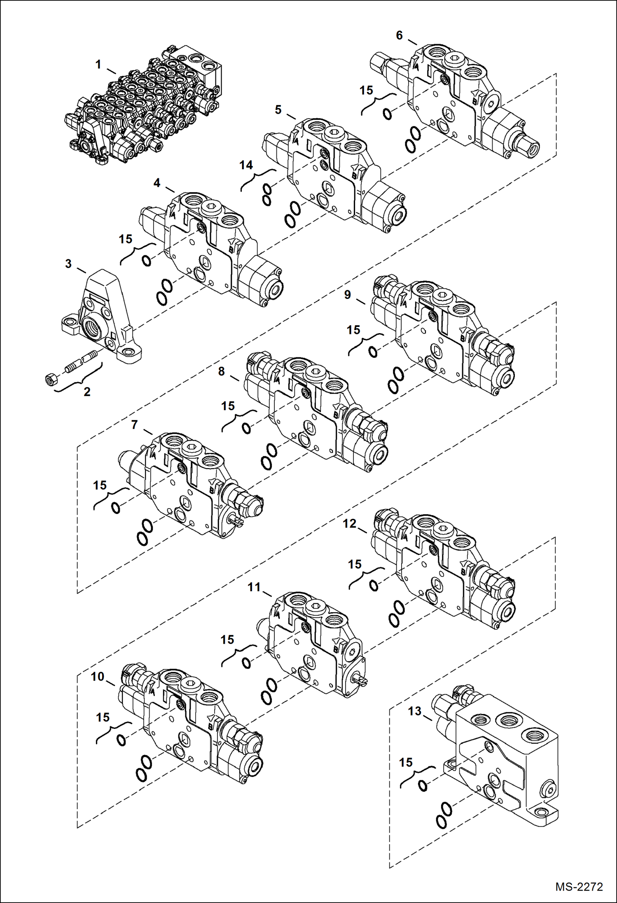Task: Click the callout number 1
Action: (98, 65)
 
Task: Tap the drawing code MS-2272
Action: (579, 887)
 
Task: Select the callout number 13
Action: (415, 711)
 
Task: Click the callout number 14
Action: (246, 165)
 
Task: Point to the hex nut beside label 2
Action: (51, 379)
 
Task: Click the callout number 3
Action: (68, 264)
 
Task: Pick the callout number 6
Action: (399, 35)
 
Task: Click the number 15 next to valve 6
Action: (366, 90)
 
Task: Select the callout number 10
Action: (98, 677)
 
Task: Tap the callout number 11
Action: (254, 587)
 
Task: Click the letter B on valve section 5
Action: (354, 176)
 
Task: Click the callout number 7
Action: (134, 425)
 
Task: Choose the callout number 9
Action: (348, 295)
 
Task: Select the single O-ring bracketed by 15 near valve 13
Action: (423, 785)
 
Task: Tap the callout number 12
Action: (349, 523)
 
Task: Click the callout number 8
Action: (222, 371)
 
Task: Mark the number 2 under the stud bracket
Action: (87, 392)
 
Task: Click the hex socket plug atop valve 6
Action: (454, 59)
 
